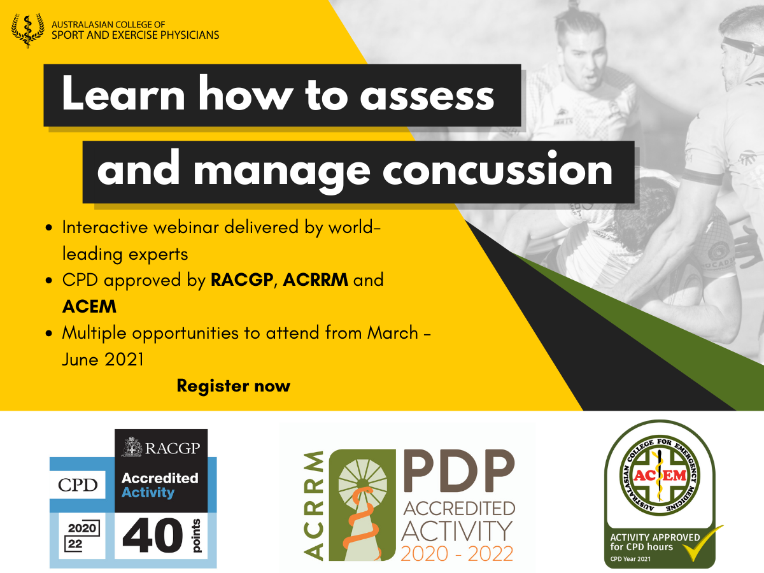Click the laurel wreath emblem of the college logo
(x=28, y=31)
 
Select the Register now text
(x=233, y=386)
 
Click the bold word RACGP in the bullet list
(x=242, y=280)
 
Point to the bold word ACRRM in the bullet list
(x=315, y=280)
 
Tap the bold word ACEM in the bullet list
(x=89, y=306)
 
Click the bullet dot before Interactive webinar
(x=49, y=228)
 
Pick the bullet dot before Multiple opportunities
(x=49, y=333)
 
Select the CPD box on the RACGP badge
(x=78, y=485)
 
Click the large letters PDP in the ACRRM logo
(x=459, y=470)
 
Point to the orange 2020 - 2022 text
(x=456, y=554)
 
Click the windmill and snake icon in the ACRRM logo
(x=362, y=505)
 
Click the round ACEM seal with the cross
(x=659, y=476)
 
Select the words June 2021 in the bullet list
(x=103, y=359)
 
